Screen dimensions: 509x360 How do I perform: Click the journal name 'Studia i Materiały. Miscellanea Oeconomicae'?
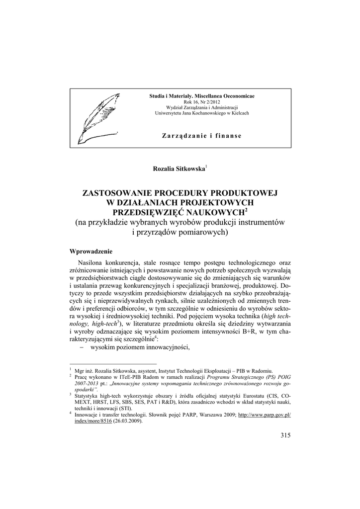202,95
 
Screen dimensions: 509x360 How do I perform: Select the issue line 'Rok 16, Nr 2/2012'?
202,101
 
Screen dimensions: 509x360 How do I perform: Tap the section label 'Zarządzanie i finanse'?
202,136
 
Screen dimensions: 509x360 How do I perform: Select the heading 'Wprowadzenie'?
91,251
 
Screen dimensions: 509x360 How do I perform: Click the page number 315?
285,435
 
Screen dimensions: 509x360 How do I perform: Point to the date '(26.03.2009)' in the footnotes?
127,421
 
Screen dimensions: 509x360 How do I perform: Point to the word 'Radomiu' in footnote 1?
262,370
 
